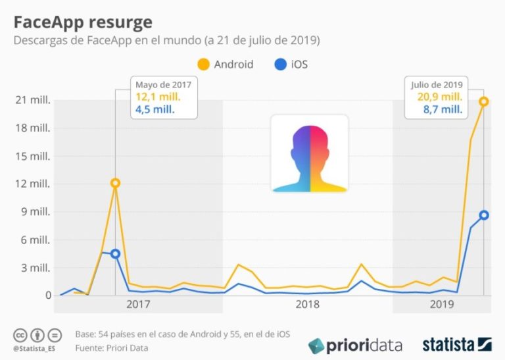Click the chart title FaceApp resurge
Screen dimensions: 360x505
pyautogui.click(x=82, y=22)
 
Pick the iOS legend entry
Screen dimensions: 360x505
pyautogui.click(x=289, y=64)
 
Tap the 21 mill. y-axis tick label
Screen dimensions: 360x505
pyautogui.click(x=34, y=100)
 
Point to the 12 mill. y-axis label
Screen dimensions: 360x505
pyautogui.click(x=34, y=184)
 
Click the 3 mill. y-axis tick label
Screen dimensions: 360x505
pyautogui.click(x=36, y=267)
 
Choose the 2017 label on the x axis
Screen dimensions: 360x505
pyautogui.click(x=138, y=304)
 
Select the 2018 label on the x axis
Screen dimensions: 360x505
pyautogui.click(x=308, y=304)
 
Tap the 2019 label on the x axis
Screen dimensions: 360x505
pyautogui.click(x=442, y=304)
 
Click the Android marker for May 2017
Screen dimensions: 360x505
pyautogui.click(x=115, y=183)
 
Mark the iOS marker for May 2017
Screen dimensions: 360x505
pyautogui.click(x=115, y=254)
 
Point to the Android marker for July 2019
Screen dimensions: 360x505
pyautogui.click(x=484, y=101)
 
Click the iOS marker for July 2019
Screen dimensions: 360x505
pyautogui.click(x=484, y=215)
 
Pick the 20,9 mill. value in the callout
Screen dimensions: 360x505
pyautogui.click(x=437, y=97)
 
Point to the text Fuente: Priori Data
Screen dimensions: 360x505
pyautogui.click(x=112, y=347)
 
